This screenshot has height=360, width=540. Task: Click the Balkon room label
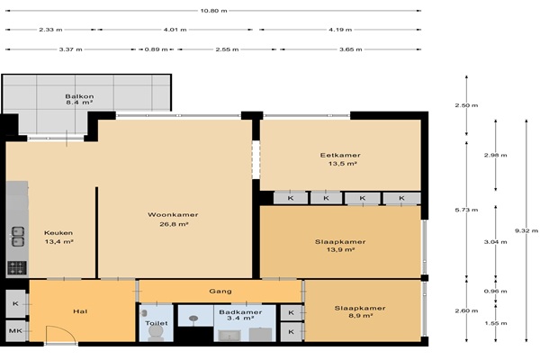pyautogui.click(x=79, y=96)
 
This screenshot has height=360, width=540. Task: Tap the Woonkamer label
pyautogui.click(x=173, y=214)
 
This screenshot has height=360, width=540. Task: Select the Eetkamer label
pyautogui.click(x=340, y=156)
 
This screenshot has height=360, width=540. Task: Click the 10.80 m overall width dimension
pyautogui.click(x=213, y=11)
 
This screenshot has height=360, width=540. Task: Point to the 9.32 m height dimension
pyautogui.click(x=526, y=230)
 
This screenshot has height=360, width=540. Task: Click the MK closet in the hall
pyautogui.click(x=16, y=330)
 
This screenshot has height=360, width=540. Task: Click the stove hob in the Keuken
pyautogui.click(x=17, y=267)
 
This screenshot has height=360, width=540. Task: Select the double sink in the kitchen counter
pyautogui.click(x=18, y=237)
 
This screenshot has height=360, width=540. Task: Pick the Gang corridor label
pyautogui.click(x=220, y=291)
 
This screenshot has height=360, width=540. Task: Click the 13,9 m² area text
pyautogui.click(x=340, y=250)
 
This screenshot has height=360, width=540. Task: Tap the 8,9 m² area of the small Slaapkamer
pyautogui.click(x=360, y=316)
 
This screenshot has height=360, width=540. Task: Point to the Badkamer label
pyautogui.click(x=240, y=312)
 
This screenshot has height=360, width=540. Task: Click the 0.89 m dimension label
pyautogui.click(x=156, y=49)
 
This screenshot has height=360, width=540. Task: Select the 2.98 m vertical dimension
pyautogui.click(x=496, y=155)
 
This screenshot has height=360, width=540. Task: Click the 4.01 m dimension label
pyautogui.click(x=175, y=30)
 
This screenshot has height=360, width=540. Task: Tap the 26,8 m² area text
pyautogui.click(x=174, y=224)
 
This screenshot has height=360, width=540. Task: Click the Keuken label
pyautogui.click(x=58, y=233)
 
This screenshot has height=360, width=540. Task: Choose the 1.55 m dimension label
pyautogui.click(x=496, y=323)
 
